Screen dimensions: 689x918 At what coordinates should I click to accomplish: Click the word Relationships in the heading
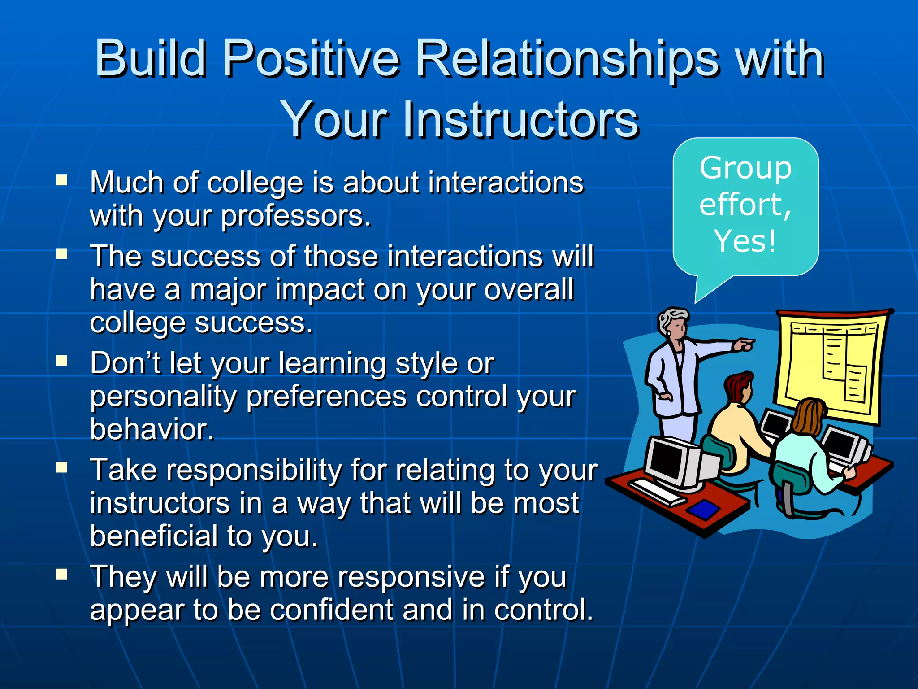tap(567, 58)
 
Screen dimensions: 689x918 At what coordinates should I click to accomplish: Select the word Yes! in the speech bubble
tap(745, 241)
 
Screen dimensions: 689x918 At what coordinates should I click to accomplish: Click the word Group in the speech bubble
tap(745, 168)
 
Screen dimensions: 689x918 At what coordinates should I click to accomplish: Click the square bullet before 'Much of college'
tap(62, 181)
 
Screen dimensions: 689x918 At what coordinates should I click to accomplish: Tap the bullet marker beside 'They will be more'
tap(62, 575)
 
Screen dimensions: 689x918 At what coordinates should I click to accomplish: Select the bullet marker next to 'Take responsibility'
tap(62, 468)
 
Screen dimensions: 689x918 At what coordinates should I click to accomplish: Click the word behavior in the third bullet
tap(152, 429)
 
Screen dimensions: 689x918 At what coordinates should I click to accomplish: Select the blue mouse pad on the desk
tap(704, 509)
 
